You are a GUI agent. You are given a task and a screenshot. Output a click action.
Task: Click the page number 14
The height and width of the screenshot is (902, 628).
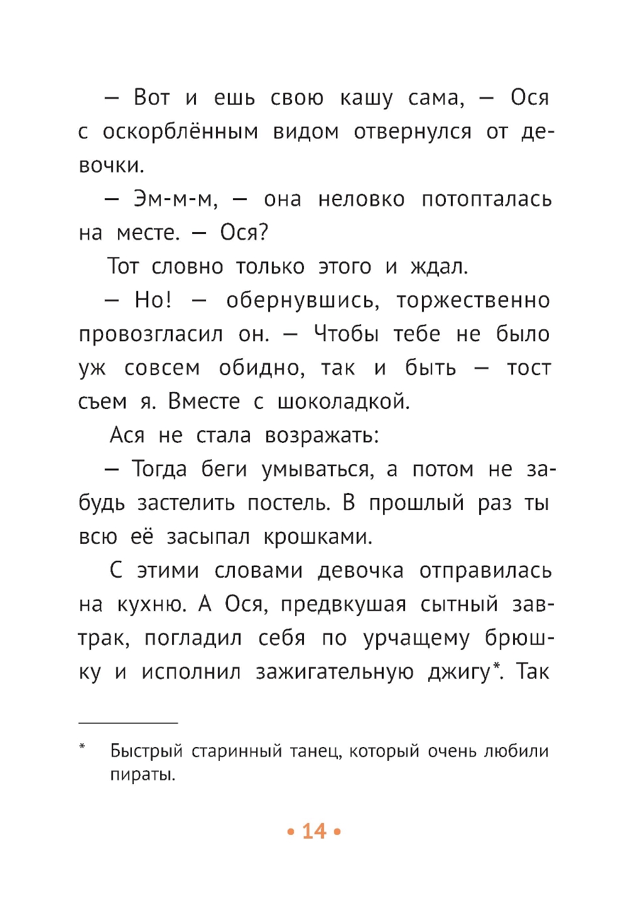(x=314, y=831)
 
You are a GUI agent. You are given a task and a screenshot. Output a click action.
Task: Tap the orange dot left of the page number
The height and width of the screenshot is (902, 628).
(x=291, y=832)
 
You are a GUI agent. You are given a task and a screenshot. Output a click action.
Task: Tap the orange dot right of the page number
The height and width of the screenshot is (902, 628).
(x=337, y=832)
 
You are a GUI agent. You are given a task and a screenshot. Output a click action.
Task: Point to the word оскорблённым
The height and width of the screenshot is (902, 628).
(x=180, y=132)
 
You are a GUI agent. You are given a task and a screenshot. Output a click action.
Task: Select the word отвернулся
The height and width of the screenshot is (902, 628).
(x=413, y=132)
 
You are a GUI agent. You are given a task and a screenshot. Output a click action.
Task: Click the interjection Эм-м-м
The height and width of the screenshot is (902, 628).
(x=175, y=199)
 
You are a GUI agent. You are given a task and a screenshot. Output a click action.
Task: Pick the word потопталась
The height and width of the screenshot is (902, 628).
(x=487, y=199)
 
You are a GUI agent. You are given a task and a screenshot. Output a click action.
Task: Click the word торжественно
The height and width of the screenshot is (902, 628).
(x=473, y=300)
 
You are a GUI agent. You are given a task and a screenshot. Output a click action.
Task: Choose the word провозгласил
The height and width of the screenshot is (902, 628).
(x=151, y=334)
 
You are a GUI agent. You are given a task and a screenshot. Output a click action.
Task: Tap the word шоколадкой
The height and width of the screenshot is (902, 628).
(x=344, y=401)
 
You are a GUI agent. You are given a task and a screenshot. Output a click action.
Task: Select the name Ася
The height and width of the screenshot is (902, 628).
(x=127, y=435)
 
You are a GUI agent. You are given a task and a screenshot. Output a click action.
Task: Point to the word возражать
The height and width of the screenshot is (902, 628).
(x=322, y=435)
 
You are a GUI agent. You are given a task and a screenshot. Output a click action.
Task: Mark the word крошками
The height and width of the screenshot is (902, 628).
(x=318, y=537)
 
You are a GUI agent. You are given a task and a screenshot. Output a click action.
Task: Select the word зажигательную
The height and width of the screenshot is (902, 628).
(x=334, y=672)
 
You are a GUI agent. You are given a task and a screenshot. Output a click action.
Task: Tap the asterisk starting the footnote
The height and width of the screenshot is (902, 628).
(x=82, y=746)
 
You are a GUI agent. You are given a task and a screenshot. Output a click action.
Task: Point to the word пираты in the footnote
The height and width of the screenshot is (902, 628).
(x=142, y=775)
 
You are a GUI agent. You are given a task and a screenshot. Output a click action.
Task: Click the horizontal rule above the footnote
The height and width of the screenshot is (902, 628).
(x=128, y=723)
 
